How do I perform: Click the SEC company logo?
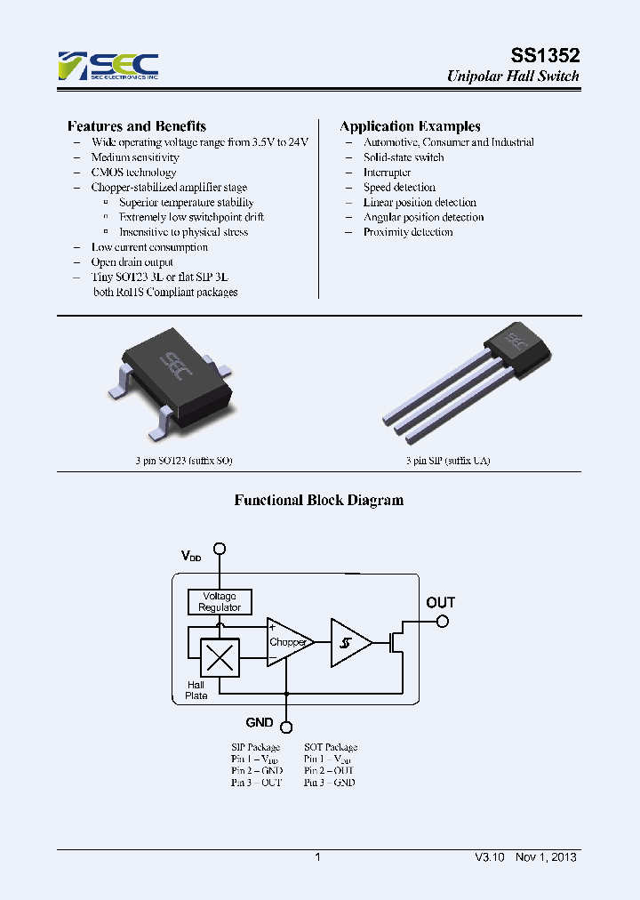108,66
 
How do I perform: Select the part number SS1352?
545,54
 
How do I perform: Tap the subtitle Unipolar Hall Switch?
512,76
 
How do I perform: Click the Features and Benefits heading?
137,126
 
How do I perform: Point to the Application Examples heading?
410,126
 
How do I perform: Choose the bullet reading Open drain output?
132,262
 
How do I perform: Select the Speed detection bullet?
399,188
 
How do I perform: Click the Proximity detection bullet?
408,232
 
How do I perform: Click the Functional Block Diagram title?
318,500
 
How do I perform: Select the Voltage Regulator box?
220,602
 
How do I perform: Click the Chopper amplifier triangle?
288,642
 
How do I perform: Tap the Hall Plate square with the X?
220,658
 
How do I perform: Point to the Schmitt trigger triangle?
349,642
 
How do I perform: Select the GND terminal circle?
286,724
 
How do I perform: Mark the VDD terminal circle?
220,550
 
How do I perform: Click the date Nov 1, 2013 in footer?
546,857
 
